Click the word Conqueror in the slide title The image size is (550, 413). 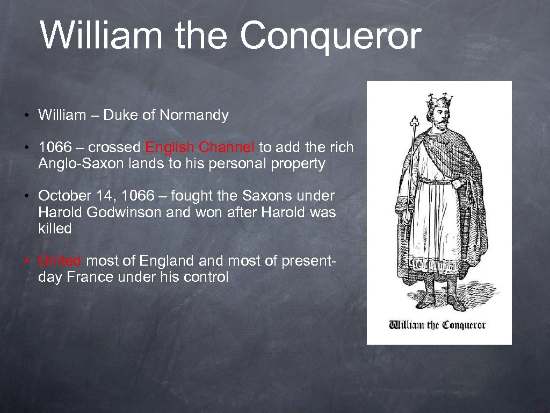pos(330,37)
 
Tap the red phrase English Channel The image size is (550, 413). pos(200,147)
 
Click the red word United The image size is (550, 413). pos(60,261)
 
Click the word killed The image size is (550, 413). pos(55,229)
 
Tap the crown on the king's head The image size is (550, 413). pos(439,101)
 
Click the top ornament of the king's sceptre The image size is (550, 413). pos(414,120)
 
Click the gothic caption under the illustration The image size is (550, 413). pos(437,325)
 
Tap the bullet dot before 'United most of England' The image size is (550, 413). pos(26,262)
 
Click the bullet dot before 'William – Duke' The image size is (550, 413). pos(26,116)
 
